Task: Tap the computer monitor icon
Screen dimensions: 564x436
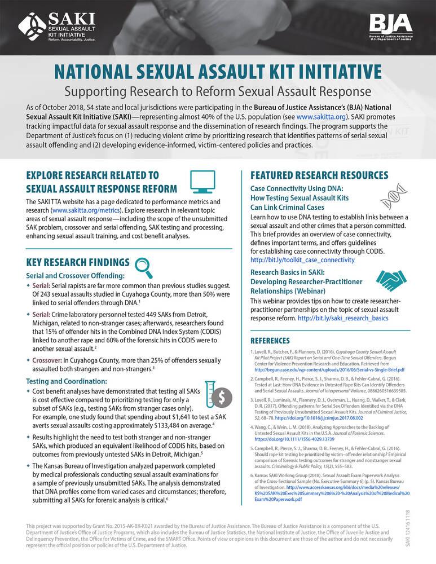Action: pos(201,181)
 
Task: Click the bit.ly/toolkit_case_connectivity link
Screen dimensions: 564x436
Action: pos(302,260)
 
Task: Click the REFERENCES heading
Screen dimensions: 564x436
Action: pos(270,341)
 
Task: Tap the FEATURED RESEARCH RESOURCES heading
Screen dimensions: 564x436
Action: pos(319,175)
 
